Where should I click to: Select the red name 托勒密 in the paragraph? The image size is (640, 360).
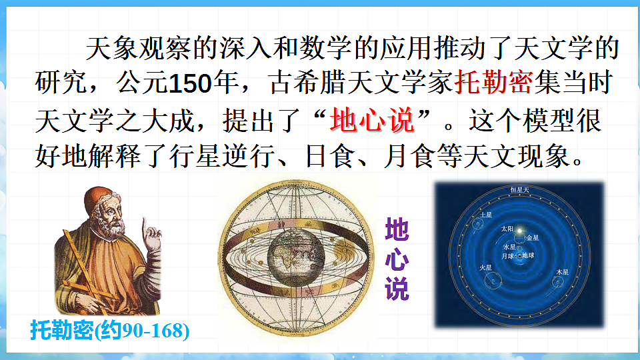point(493,84)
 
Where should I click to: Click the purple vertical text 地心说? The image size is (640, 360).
point(397,259)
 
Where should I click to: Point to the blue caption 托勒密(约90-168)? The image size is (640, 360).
point(110,331)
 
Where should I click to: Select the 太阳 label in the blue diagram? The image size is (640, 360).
point(508,228)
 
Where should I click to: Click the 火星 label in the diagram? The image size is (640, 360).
point(486,268)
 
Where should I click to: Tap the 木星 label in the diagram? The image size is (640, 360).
point(562,272)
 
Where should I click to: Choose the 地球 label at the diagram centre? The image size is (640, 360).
point(528,255)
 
